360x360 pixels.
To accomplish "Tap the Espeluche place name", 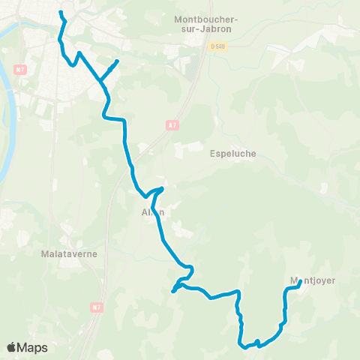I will click(x=234, y=154).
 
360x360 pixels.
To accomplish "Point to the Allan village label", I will click(x=152, y=212).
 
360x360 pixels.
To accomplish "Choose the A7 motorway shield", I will click(x=171, y=124).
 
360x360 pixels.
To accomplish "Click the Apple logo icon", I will click(x=12, y=347).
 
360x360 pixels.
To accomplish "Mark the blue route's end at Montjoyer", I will click(x=299, y=283).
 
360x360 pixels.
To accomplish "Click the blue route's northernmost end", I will click(x=61, y=13).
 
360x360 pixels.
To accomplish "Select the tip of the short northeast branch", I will click(x=118, y=61).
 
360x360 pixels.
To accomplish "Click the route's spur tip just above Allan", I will click(x=162, y=187).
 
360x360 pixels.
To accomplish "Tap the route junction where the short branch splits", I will click(x=99, y=79).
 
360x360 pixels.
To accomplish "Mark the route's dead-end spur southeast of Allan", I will click(x=173, y=291).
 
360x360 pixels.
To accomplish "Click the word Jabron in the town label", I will click(x=215, y=29).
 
